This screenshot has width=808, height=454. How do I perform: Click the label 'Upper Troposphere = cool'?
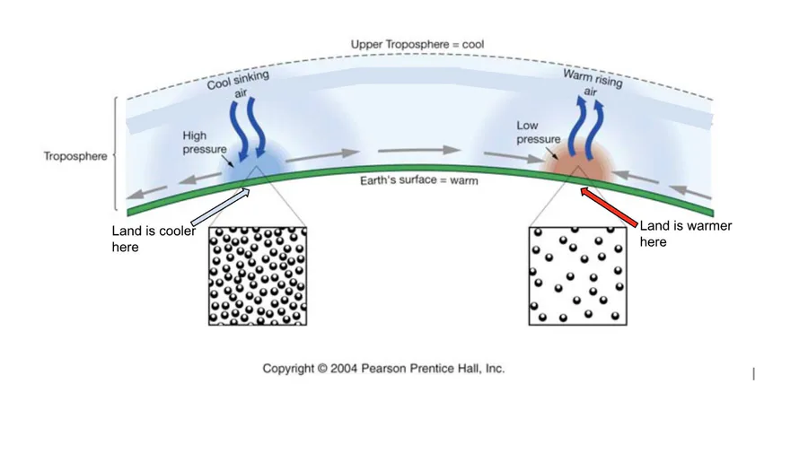coord(417,44)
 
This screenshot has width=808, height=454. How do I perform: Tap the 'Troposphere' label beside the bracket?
coord(75,156)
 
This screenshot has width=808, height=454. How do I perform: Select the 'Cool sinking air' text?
coord(239,84)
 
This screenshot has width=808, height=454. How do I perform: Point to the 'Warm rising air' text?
coord(593,83)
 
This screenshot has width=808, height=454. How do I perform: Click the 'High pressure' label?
coord(205,142)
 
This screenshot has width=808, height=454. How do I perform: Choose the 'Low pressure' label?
coord(539,132)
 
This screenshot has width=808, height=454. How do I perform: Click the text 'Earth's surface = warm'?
coord(419,180)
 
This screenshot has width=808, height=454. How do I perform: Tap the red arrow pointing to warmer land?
coord(609,207)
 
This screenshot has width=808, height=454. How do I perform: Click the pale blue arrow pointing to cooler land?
coord(221,207)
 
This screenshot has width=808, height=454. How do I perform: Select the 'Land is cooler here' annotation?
coord(154,239)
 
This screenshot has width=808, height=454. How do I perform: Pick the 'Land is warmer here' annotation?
coord(686,233)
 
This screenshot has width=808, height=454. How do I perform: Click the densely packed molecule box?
coord(258,276)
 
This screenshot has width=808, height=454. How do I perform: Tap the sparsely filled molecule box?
coord(577,276)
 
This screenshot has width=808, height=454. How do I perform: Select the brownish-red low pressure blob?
coord(578,162)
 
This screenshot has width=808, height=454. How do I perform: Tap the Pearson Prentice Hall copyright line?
coord(383,369)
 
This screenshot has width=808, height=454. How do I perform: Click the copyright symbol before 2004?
coord(322,369)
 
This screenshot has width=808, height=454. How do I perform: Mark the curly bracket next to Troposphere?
coord(116,153)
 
